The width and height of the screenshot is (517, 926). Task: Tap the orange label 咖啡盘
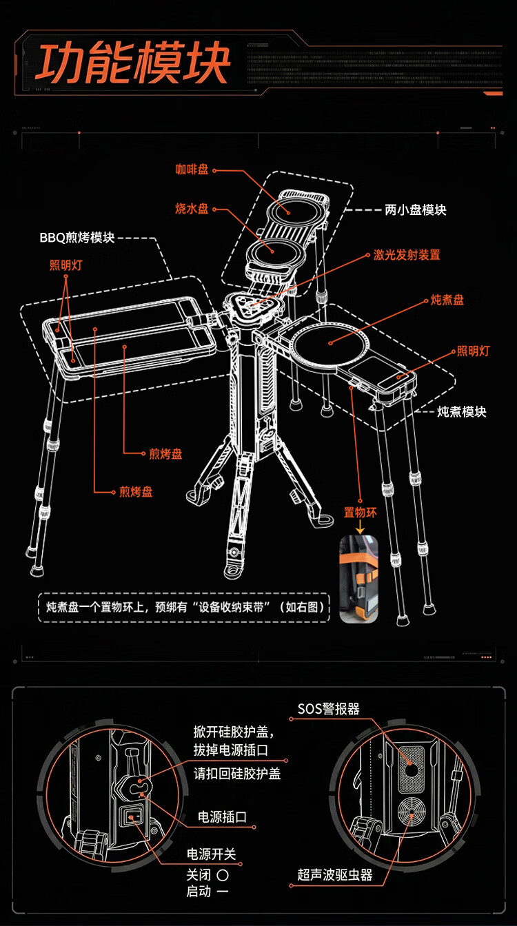pyautogui.click(x=192, y=170)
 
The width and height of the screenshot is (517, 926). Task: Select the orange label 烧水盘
pyautogui.click(x=192, y=209)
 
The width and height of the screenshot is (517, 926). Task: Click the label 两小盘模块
pyautogui.click(x=415, y=209)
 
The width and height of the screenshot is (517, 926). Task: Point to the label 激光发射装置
pyautogui.click(x=407, y=255)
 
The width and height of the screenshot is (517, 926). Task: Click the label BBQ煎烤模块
pyautogui.click(x=77, y=238)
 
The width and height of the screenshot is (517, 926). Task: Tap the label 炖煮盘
pyautogui.click(x=447, y=300)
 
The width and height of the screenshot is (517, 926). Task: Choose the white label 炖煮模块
pyautogui.click(x=462, y=411)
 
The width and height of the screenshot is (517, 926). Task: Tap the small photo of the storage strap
pyautogui.click(x=359, y=579)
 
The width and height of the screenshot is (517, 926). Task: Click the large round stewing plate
pyautogui.click(x=330, y=342)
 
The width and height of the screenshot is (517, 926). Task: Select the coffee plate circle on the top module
pyautogui.click(x=297, y=209)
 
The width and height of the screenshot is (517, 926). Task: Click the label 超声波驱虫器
pyautogui.click(x=335, y=875)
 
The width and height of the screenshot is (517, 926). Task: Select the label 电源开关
pyautogui.click(x=212, y=854)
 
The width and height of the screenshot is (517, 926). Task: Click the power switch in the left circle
pyautogui.click(x=132, y=818)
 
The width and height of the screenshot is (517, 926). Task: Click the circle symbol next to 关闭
pyautogui.click(x=222, y=874)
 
